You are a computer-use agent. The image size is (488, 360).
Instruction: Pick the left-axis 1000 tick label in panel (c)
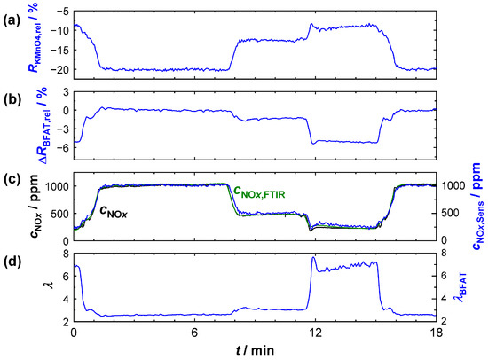(x=54, y=186)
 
